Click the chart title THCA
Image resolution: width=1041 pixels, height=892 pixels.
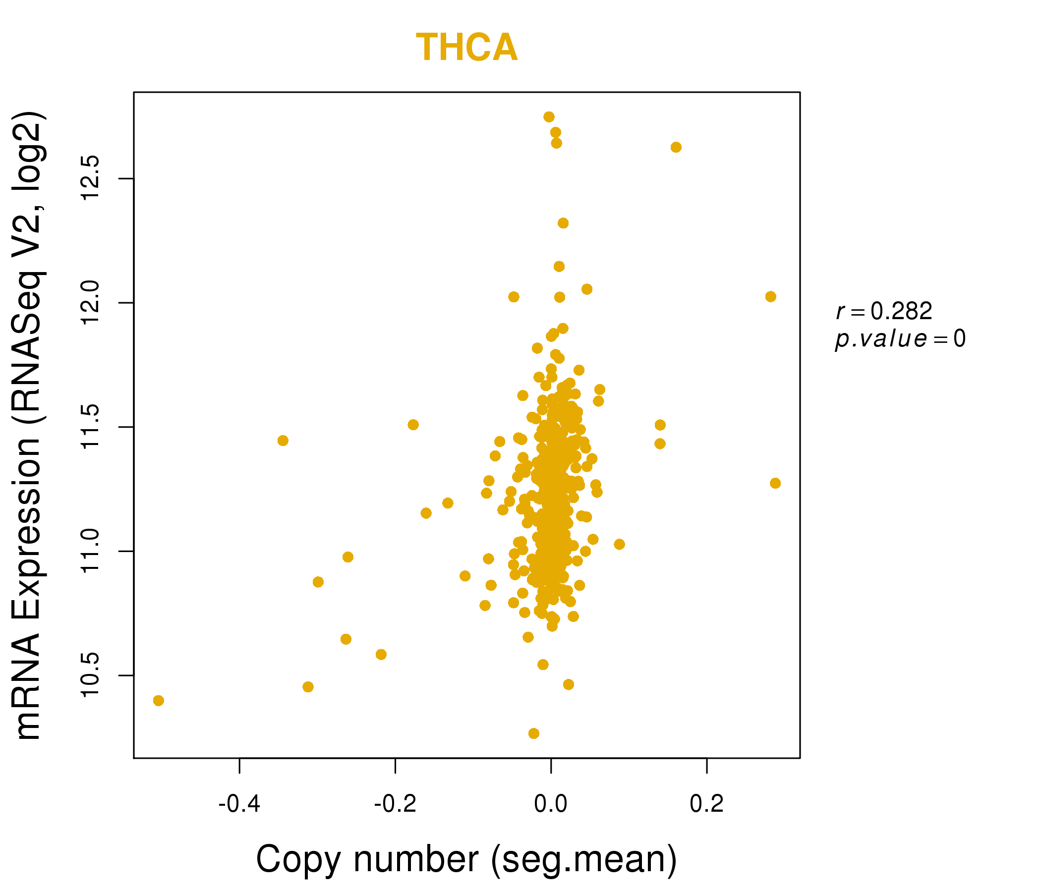point(467,48)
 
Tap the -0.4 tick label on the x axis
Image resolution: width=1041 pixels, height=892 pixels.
point(239,804)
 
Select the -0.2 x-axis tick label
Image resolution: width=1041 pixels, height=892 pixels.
point(395,804)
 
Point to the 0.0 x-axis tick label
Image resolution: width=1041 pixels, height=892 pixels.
point(551,804)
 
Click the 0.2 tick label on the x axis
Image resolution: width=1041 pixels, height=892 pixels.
point(706,804)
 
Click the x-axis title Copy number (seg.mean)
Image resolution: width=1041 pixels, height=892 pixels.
point(467,860)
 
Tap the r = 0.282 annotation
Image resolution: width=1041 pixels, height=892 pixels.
point(884,311)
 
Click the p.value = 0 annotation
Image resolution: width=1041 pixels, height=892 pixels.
point(900,339)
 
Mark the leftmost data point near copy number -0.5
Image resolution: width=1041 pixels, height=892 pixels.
point(158,701)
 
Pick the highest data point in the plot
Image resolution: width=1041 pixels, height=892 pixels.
point(549,117)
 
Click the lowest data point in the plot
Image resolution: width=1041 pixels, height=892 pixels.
point(534,733)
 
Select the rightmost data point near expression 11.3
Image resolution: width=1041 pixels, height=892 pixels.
point(775,483)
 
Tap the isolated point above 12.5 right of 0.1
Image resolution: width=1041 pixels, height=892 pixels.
point(676,147)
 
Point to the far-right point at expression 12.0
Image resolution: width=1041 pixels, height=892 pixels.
point(771,297)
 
